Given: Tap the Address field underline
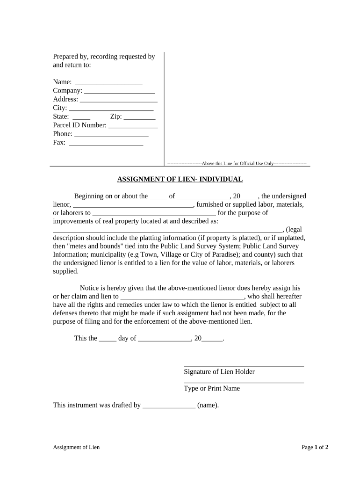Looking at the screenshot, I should (119, 100).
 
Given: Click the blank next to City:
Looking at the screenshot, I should (111, 109).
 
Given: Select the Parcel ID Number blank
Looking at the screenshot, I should (133, 126).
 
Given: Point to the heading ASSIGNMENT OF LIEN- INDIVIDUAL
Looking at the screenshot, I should (180, 179).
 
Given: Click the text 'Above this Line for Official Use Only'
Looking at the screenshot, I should (238, 164).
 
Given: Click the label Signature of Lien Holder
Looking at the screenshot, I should (219, 371).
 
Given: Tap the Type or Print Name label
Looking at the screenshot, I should (212, 388).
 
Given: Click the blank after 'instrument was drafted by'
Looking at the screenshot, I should (169, 406).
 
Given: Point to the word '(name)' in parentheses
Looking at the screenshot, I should (208, 406).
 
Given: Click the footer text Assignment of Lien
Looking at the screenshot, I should (76, 447).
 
